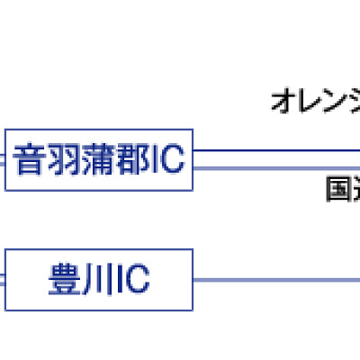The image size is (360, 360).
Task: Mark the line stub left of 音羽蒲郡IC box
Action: point(3,159)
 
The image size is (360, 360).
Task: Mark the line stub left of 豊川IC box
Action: point(3,281)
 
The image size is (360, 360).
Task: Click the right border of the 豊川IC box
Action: point(193,281)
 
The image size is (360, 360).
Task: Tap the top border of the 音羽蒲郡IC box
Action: point(99,130)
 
